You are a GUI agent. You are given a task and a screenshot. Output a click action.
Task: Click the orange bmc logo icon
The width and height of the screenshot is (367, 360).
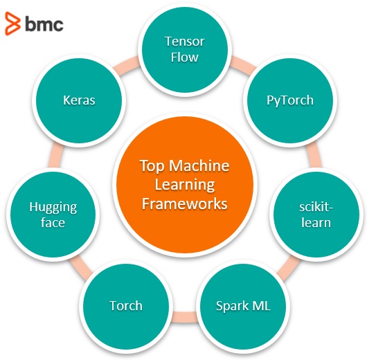12,24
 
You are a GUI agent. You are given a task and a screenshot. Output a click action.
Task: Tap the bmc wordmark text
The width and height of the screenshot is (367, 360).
44,24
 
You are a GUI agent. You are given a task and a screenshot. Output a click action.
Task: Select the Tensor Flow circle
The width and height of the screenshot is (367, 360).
185,50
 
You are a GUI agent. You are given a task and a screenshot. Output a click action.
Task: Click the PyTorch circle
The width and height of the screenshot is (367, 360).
289,100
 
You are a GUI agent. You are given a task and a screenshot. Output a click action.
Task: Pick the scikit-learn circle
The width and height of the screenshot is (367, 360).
316,215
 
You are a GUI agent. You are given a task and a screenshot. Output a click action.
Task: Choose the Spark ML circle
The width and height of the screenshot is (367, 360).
243,306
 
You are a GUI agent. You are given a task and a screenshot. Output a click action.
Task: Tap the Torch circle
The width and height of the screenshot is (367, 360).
126,306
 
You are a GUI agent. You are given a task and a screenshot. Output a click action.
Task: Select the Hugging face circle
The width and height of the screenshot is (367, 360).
53,215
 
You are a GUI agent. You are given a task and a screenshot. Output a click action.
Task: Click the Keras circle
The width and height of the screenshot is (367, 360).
79,100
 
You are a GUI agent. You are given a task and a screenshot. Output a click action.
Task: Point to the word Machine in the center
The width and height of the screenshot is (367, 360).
199,165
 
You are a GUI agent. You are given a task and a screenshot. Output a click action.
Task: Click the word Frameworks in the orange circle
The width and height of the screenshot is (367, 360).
185,204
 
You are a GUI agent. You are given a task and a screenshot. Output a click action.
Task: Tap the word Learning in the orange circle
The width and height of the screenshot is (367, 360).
185,186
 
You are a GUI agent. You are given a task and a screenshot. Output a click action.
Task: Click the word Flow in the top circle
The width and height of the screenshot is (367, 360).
185,57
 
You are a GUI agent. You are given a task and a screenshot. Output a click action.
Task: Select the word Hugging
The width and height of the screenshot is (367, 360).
53,208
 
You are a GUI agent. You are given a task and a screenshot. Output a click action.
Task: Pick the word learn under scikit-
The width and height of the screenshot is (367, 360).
316,222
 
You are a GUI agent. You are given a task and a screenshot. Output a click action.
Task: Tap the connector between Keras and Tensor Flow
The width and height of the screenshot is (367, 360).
128,64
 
